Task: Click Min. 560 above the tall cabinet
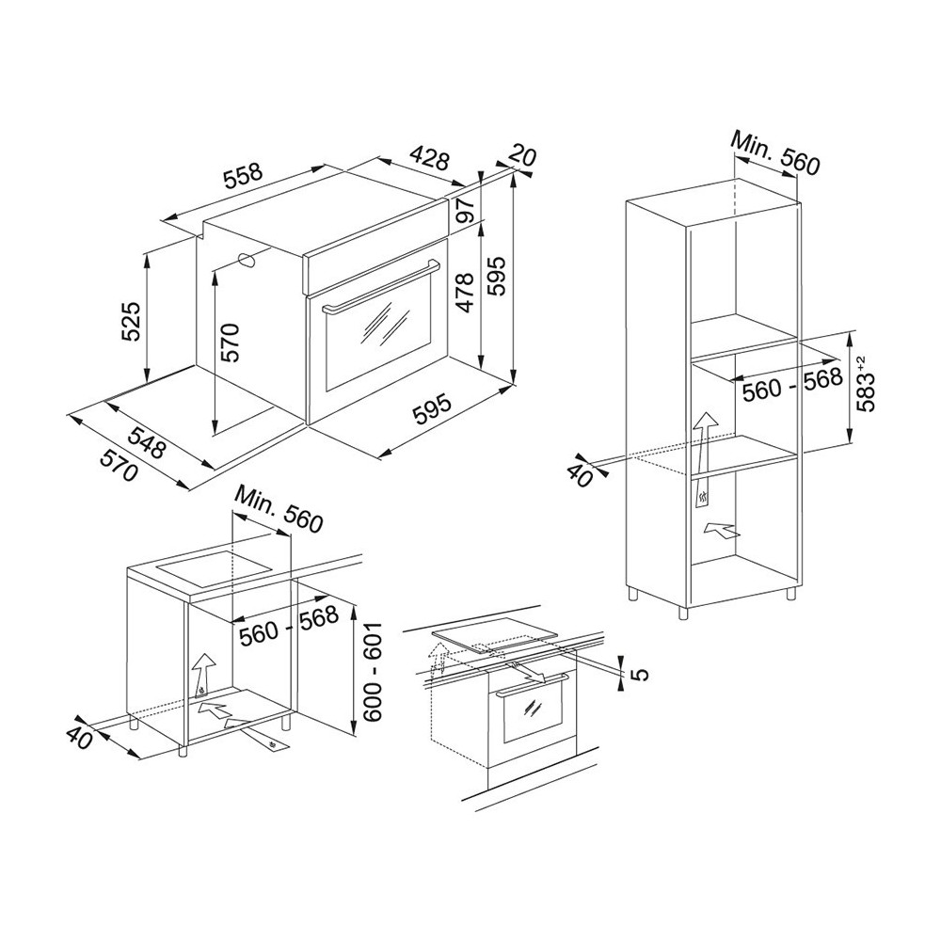point(776,153)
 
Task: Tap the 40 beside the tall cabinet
point(581,473)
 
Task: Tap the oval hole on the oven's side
point(247,261)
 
